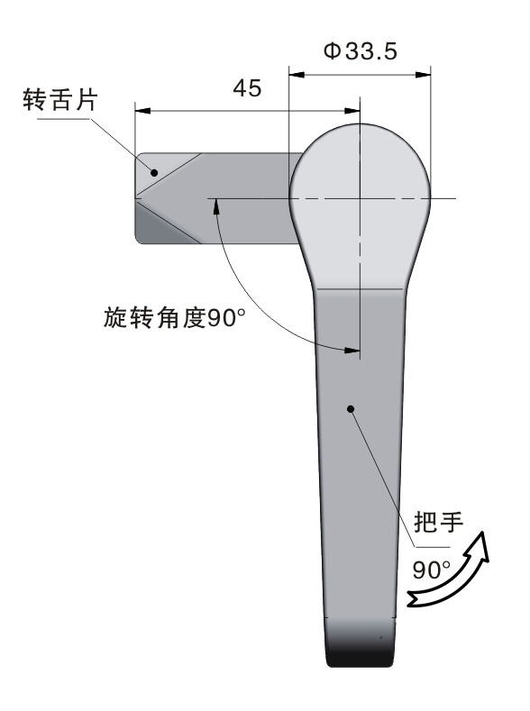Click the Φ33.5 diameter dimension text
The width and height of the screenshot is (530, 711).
point(361,50)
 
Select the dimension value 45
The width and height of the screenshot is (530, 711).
point(247,88)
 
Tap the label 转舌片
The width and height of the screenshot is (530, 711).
point(60,100)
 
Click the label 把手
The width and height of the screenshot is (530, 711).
point(438,522)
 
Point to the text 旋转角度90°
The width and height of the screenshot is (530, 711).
point(175,317)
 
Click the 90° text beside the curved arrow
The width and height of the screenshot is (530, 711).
point(431,570)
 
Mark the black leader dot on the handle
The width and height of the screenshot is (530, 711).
point(351,409)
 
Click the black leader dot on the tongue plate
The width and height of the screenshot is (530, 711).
point(154,173)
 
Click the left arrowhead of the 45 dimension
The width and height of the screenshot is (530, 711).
point(143,111)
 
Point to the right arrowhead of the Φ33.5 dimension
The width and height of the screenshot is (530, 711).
point(423,75)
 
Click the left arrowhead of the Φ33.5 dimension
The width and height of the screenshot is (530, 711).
point(297,75)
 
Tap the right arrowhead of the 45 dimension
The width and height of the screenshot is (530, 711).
point(352,111)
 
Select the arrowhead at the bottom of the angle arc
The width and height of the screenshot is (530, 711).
point(352,351)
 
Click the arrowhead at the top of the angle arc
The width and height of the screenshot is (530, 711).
point(216,206)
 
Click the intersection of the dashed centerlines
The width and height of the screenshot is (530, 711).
point(360,198)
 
